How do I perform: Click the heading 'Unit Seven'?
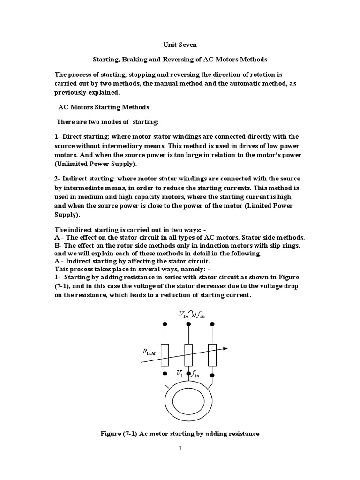coord(180,45)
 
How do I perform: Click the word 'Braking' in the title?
coord(134,60)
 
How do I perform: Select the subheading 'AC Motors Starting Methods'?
coord(103,107)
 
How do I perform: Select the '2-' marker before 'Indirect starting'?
coord(59,179)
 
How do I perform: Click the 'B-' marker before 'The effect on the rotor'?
coord(59,246)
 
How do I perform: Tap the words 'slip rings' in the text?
coord(284,246)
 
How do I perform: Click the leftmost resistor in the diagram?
coord(165,355)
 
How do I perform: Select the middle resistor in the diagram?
coord(188,355)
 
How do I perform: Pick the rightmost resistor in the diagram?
coord(212,355)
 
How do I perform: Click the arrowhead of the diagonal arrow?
coord(225,348)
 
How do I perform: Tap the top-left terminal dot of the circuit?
coord(165,324)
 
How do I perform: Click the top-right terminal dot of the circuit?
coord(212,324)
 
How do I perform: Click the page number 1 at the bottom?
coord(180,448)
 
